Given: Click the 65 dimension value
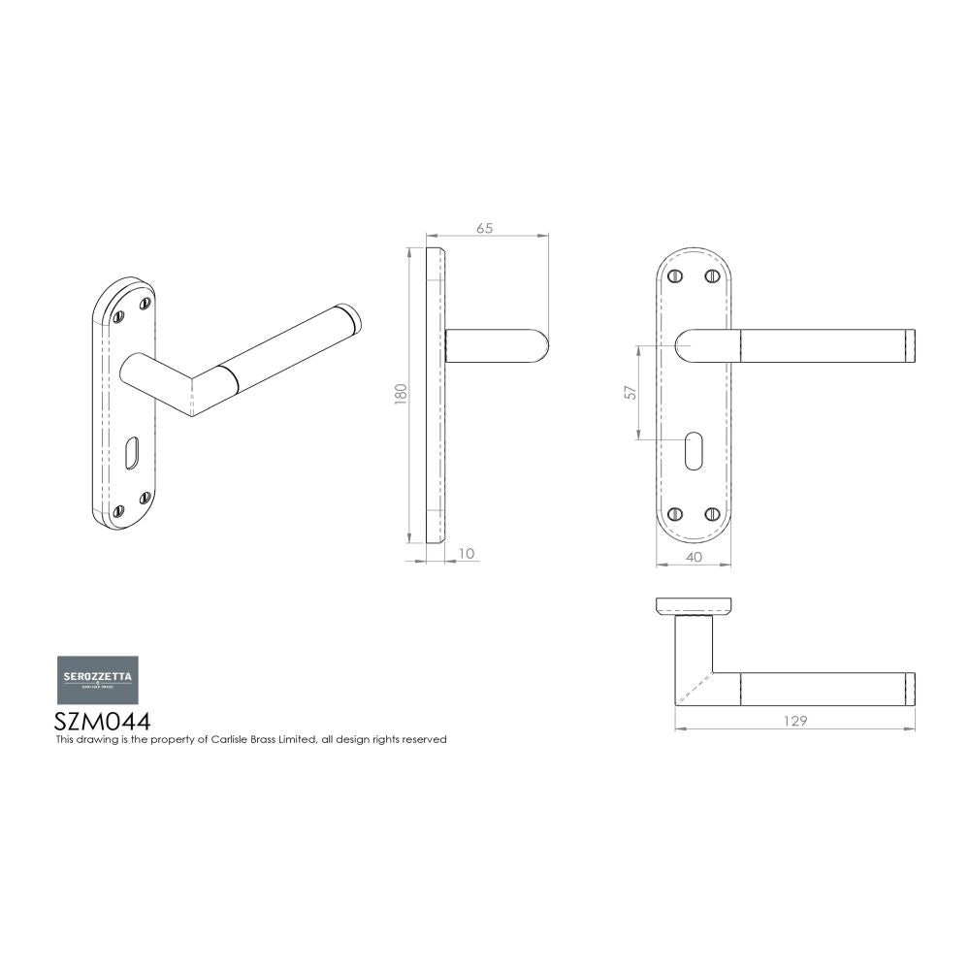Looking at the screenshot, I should click(x=485, y=228).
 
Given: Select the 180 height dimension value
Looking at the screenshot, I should click(x=401, y=395).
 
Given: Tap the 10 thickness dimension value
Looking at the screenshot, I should click(x=466, y=554).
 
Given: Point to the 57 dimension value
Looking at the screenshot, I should click(x=630, y=392).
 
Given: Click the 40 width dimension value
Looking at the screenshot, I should click(x=693, y=557).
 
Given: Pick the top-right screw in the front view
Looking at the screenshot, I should click(x=712, y=276).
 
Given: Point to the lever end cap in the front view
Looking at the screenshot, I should click(x=910, y=346).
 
